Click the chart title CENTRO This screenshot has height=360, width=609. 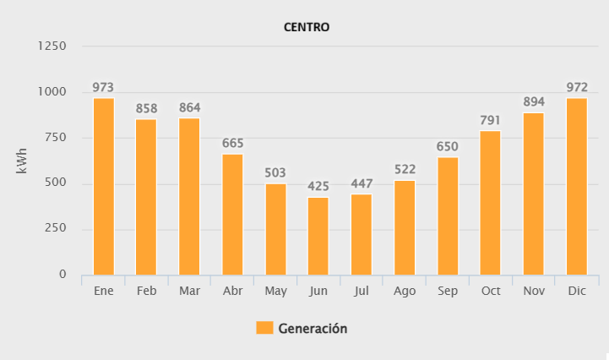[306, 27]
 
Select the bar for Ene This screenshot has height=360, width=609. [104, 186]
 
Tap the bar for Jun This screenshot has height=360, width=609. [318, 236]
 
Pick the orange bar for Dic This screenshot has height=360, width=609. [577, 186]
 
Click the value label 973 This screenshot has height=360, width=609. [103, 87]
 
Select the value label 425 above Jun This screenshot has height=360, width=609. [318, 186]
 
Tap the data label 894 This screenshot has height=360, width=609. [534, 101]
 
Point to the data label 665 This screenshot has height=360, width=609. [233, 143]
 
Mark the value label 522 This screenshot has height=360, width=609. [405, 170]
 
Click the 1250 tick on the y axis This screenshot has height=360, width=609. [52, 46]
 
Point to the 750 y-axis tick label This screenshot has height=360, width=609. [56, 138]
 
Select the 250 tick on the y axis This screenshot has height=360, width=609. [56, 229]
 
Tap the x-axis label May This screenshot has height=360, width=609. [275, 291]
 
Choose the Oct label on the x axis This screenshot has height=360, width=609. [491, 291]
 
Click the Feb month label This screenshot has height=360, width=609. [146, 291]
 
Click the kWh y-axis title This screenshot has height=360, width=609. [23, 161]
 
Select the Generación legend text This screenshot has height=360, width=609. [313, 329]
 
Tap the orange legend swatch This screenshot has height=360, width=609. [264, 329]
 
